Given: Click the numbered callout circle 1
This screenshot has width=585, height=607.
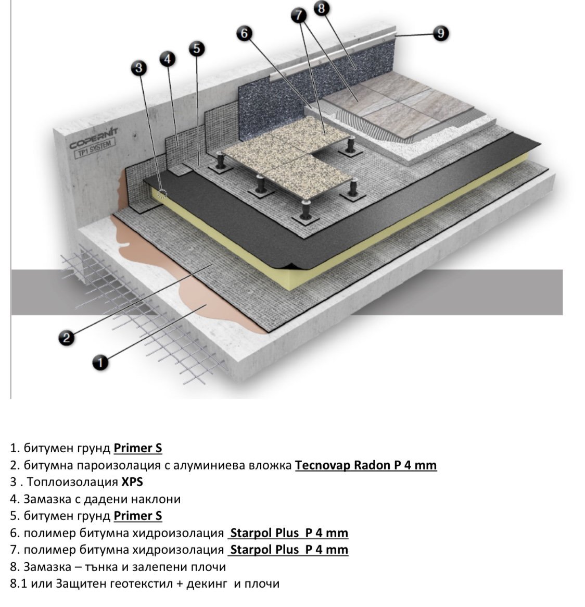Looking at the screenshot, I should point(100,362).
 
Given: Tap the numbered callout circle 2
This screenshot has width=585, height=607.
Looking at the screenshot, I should point(66,338).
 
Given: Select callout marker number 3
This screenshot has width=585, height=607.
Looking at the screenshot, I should point(138,67).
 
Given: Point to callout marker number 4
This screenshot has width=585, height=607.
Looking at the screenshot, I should point(167,59).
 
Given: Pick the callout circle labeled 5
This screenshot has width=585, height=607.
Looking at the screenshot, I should point(196,49).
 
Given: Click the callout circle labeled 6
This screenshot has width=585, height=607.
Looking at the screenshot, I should point(244,34).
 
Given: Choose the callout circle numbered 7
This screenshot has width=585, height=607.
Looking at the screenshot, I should point(299,16).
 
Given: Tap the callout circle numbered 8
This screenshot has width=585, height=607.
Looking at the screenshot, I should point(321,8).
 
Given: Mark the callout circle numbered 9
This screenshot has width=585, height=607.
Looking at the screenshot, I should point(441,34).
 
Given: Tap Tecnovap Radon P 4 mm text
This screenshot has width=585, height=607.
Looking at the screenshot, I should point(365,465).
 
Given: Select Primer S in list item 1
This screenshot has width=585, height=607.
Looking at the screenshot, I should point(138,448).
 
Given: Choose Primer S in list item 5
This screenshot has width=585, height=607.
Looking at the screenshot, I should point(138,516).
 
